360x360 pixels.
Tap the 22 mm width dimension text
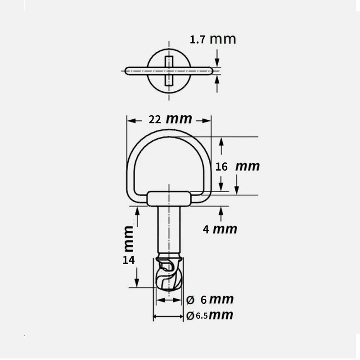tap(170, 119)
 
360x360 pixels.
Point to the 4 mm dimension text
tap(219, 229)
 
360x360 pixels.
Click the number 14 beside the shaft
tap(128, 260)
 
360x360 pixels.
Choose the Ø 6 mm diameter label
tap(210, 299)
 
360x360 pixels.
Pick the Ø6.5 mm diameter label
tap(210, 315)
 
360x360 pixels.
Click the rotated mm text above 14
tap(129, 238)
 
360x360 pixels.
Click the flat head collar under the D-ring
tap(169, 198)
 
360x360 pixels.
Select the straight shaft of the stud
tap(169, 229)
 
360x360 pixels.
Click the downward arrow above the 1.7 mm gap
tap(217, 63)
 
